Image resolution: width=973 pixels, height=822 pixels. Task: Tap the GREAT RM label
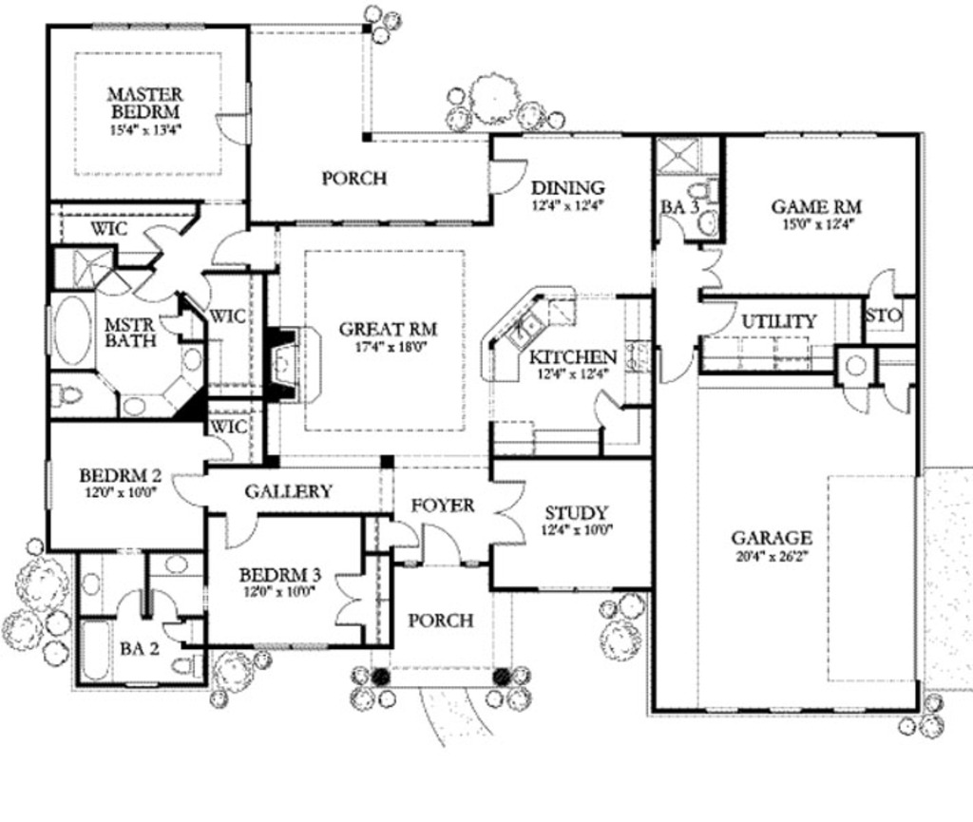pos(388,330)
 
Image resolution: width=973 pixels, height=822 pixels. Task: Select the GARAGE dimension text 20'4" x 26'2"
pos(771,558)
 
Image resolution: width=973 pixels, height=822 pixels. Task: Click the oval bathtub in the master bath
pos(70,331)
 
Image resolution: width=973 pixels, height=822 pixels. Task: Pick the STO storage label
pos(883,314)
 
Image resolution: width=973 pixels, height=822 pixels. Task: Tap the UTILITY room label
pos(778,321)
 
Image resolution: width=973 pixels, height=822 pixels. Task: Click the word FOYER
pos(443,506)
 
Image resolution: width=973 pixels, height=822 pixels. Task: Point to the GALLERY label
pos(289,491)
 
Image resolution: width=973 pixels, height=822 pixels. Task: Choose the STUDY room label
pos(577,513)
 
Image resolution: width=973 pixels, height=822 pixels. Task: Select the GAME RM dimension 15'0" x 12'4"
pos(815,225)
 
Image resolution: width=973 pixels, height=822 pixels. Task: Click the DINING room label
pos(567,187)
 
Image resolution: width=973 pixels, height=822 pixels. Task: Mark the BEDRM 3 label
pos(279,575)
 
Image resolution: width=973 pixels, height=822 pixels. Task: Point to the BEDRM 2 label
pos(118,475)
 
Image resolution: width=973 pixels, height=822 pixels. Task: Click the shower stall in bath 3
pos(678,155)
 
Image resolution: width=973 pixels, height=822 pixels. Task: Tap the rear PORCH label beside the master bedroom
pos(353,178)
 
